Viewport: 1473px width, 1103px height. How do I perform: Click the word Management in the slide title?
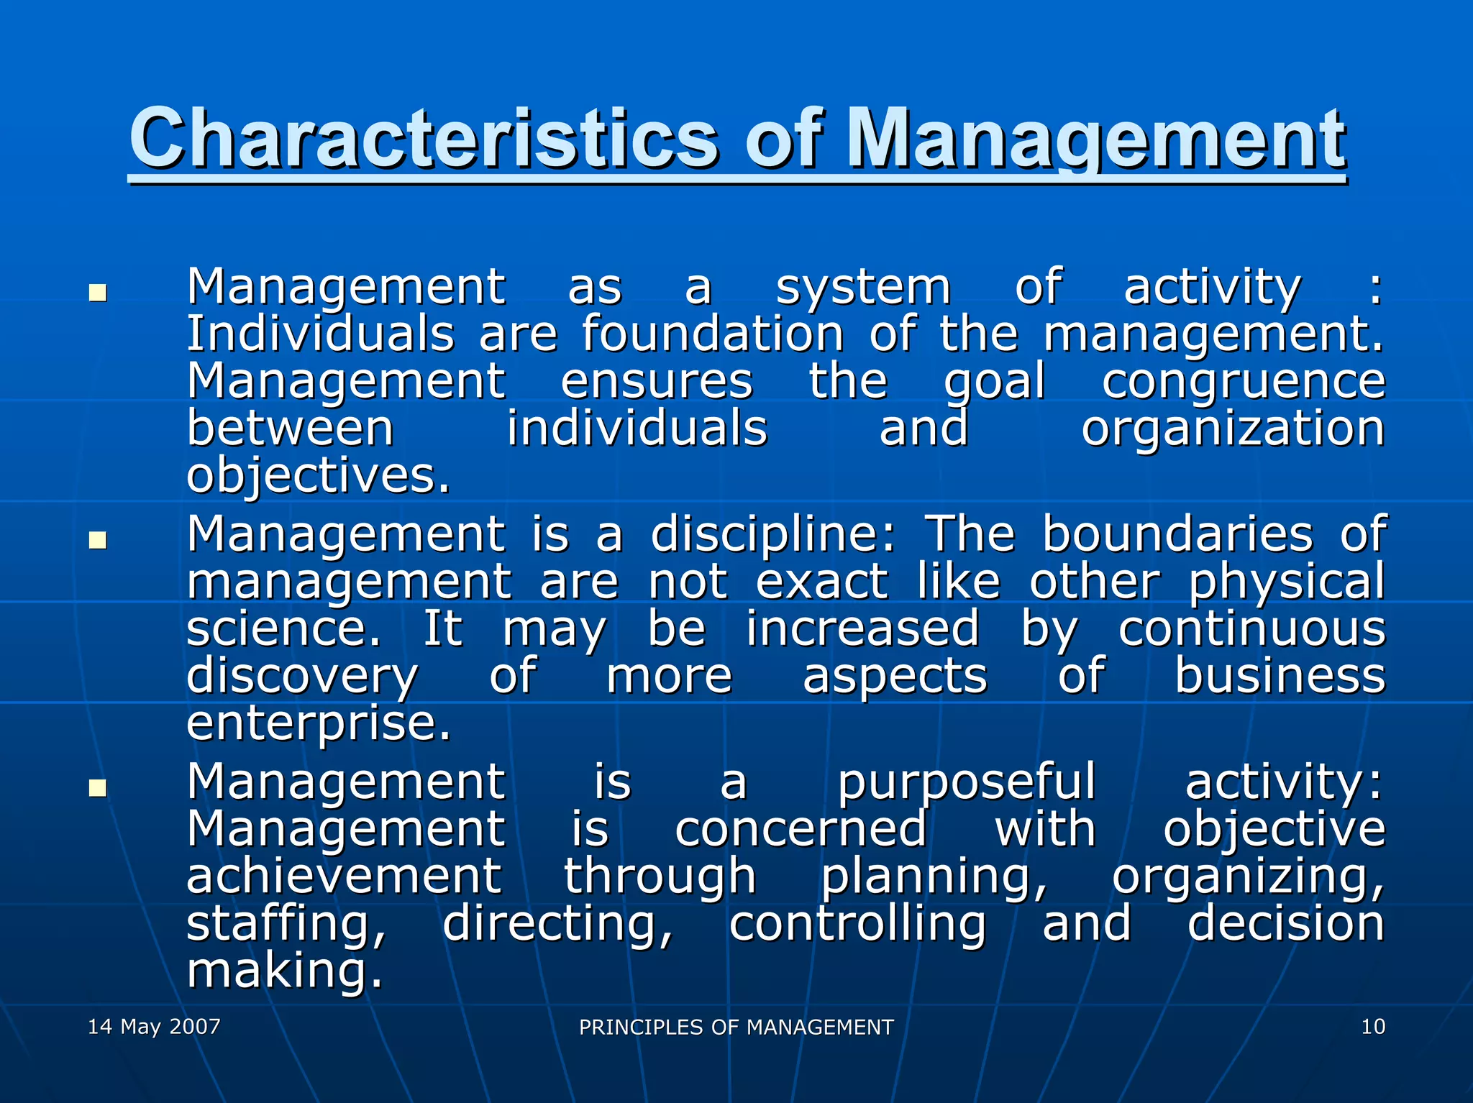(1095, 138)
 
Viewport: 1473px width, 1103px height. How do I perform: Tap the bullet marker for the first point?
(97, 293)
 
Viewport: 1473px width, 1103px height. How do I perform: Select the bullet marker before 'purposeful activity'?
(97, 788)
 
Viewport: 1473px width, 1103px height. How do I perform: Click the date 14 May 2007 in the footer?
(154, 1026)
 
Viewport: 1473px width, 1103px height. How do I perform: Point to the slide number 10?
(1373, 1026)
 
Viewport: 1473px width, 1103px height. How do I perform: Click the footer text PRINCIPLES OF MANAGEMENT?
(736, 1028)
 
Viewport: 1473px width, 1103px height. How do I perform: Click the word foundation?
(712, 334)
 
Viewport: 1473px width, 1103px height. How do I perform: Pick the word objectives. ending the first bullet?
(318, 476)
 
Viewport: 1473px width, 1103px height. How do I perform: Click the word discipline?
(773, 535)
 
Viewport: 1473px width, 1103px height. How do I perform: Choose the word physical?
(1287, 582)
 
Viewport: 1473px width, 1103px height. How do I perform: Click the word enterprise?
(318, 723)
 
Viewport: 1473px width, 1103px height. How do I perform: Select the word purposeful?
(967, 782)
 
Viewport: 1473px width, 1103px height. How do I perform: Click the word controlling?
(857, 923)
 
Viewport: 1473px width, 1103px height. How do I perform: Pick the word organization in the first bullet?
(1233, 429)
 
